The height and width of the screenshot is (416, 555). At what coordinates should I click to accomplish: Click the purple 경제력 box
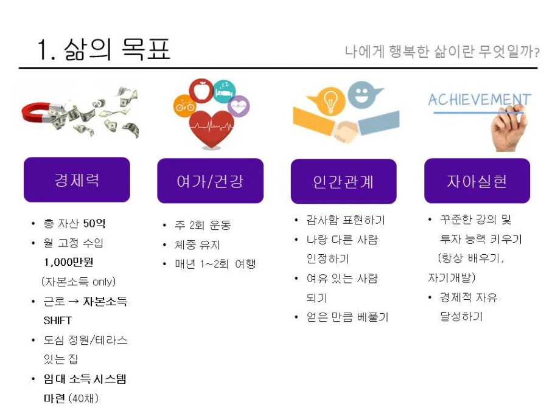[77, 179]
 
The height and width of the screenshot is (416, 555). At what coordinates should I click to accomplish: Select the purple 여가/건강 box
[210, 181]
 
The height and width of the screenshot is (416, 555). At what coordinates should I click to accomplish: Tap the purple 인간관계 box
[344, 181]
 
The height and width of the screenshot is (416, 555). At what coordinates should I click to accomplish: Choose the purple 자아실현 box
[477, 181]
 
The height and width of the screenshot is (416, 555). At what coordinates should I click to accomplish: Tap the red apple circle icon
[201, 91]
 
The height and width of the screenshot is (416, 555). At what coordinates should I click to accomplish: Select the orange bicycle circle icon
[184, 105]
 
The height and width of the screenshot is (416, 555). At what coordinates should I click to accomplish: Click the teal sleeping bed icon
[225, 91]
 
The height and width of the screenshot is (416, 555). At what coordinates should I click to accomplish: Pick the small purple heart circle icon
[239, 106]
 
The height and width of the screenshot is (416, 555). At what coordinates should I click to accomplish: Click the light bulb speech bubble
[327, 101]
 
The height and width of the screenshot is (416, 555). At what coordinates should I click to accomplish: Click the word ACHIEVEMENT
[480, 100]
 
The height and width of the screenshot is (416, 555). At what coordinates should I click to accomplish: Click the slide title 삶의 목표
[117, 49]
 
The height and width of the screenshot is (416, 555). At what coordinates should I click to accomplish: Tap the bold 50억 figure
[94, 223]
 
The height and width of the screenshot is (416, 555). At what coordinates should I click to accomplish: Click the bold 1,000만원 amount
[69, 262]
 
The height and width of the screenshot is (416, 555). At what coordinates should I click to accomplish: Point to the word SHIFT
[58, 321]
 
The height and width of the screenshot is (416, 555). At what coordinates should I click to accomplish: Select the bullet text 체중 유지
[198, 244]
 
